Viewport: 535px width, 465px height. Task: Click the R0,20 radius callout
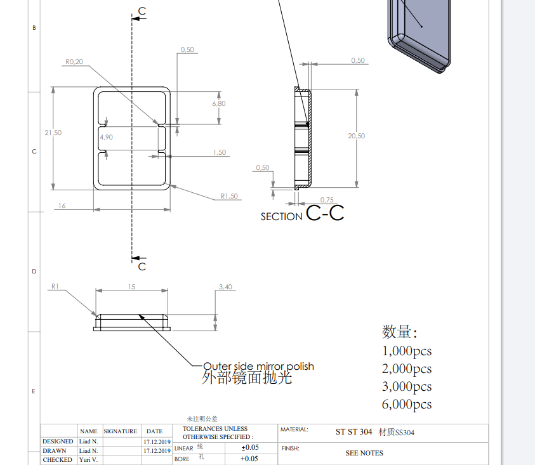pyautogui.click(x=74, y=62)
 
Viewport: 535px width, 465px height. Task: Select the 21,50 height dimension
pyautogui.click(x=53, y=133)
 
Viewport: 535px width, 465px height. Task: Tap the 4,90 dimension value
pyautogui.click(x=106, y=137)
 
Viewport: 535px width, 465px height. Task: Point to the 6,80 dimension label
pyautogui.click(x=219, y=103)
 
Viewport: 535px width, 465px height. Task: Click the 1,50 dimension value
pyautogui.click(x=220, y=152)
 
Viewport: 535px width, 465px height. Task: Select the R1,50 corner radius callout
pyautogui.click(x=229, y=196)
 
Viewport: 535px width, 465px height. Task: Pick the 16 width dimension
pyautogui.click(x=62, y=206)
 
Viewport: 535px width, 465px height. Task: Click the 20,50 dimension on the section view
pyautogui.click(x=357, y=136)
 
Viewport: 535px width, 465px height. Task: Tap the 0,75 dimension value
pyautogui.click(x=327, y=200)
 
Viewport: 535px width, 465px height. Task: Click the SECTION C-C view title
pyautogui.click(x=302, y=214)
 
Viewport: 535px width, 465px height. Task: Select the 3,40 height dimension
pyautogui.click(x=225, y=287)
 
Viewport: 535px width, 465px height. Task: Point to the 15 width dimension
pyautogui.click(x=132, y=287)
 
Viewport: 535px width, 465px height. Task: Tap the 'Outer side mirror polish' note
pyautogui.click(x=258, y=367)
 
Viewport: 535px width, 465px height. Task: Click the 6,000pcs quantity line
pyautogui.click(x=407, y=404)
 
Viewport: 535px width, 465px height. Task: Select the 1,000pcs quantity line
pyautogui.click(x=407, y=351)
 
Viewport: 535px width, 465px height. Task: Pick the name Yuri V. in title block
pyautogui.click(x=88, y=459)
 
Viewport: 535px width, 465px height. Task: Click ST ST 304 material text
pyautogui.click(x=353, y=432)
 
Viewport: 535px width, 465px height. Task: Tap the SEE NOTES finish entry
pyautogui.click(x=364, y=453)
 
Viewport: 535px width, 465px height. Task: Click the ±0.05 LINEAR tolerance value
pyautogui.click(x=249, y=447)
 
